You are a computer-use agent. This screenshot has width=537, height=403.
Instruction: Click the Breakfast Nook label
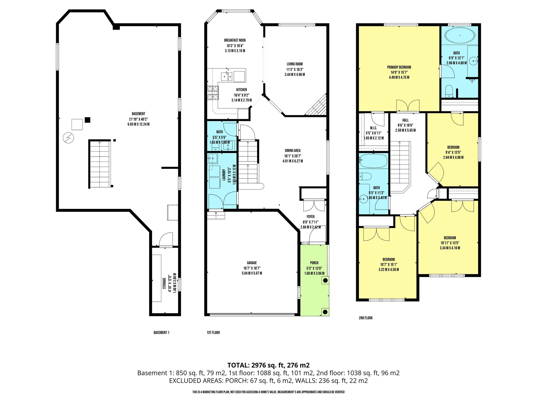click(235, 40)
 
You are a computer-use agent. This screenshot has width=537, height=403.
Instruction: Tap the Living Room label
click(295, 64)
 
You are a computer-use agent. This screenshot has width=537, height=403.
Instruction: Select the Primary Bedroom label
click(399, 67)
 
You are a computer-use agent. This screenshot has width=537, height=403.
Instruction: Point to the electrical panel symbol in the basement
click(69, 138)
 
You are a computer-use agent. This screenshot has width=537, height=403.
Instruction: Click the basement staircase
click(100, 164)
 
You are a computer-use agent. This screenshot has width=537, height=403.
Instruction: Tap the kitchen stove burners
click(213, 93)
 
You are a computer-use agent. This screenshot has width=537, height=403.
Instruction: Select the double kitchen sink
click(227, 76)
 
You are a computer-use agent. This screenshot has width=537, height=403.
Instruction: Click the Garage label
click(252, 263)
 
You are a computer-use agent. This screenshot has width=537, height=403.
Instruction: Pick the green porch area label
click(314, 263)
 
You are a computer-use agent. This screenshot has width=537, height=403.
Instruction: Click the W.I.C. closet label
click(373, 128)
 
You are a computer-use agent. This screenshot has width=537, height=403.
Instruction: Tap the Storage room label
click(164, 284)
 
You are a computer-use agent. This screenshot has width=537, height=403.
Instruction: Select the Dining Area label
click(293, 151)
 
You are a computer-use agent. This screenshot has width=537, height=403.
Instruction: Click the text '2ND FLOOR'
click(366, 318)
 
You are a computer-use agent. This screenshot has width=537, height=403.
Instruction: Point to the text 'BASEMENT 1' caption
click(162, 333)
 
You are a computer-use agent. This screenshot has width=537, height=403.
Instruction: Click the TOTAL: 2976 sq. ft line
click(268, 365)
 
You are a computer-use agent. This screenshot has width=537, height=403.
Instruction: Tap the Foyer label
click(310, 217)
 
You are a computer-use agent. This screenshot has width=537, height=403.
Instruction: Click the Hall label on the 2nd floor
click(405, 120)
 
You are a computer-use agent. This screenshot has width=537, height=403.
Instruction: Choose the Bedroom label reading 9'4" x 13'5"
click(453, 147)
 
